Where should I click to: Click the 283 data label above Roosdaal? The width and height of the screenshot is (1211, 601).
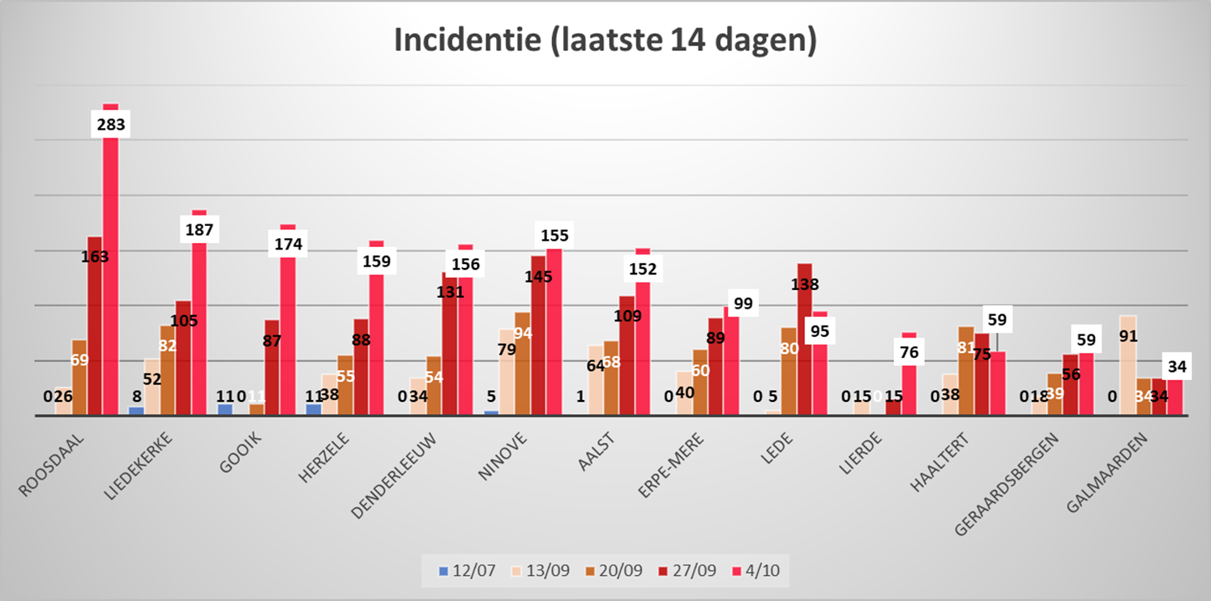click(x=110, y=125)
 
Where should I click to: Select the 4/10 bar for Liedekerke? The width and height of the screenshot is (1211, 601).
click(x=199, y=324)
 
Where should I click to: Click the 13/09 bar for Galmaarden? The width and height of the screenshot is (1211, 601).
click(x=1127, y=364)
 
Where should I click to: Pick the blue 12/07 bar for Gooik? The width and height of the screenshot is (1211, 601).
click(x=225, y=409)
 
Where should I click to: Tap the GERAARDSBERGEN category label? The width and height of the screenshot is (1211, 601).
click(x=993, y=471)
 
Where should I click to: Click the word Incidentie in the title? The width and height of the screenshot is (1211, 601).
click(x=464, y=41)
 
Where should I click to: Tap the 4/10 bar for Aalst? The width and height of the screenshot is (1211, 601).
click(x=643, y=348)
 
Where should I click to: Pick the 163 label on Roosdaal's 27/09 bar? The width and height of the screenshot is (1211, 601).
click(x=95, y=257)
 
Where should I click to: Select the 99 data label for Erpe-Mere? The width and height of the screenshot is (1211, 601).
click(x=742, y=305)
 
